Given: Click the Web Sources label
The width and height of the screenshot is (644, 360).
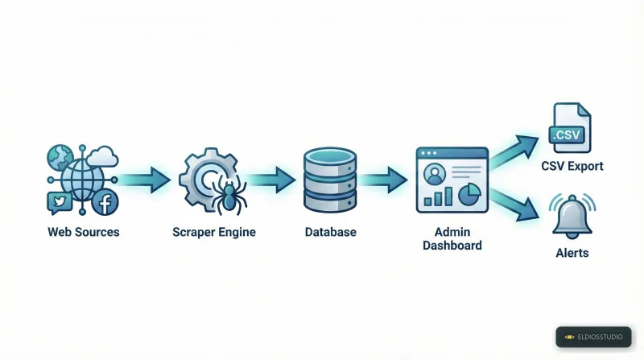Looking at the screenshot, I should (83, 232).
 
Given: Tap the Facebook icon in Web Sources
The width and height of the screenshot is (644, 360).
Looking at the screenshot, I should (105, 203).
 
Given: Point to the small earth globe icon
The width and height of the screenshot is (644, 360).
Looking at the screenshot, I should (60, 156).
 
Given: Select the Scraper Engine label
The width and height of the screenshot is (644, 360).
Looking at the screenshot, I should (213, 232).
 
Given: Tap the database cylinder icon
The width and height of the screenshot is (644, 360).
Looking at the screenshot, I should (330, 180).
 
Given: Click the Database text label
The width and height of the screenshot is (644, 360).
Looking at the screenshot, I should (330, 232).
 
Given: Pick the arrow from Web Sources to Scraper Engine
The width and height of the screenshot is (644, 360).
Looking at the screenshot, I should (146, 179).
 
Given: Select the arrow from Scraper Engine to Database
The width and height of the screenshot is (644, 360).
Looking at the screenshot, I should (271, 179).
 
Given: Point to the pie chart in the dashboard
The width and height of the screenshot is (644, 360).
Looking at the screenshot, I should (469, 194).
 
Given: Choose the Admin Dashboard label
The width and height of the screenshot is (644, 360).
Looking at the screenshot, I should (452, 238).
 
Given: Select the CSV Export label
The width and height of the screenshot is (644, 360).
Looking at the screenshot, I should (572, 167).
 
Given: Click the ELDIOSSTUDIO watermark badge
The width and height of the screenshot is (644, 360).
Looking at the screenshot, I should (593, 337).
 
